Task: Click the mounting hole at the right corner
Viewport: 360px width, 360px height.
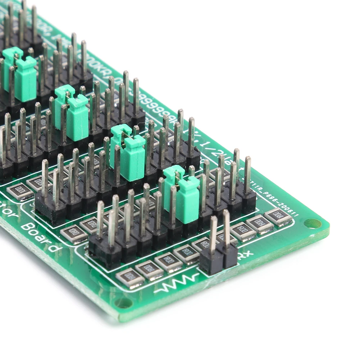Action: coord(313,224)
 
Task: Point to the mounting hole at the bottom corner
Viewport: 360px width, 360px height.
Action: coord(123,303)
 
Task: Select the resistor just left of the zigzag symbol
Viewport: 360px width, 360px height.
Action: coord(130,278)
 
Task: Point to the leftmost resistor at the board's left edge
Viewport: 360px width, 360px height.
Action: coord(20,191)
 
